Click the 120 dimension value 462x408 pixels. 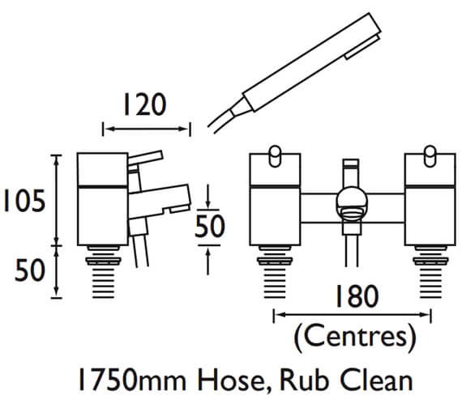(x=144, y=104)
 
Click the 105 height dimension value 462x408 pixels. (x=24, y=201)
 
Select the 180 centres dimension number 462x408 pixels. (x=356, y=296)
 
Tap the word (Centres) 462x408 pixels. (x=355, y=338)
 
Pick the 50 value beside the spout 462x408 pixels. (x=210, y=226)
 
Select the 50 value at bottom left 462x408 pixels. (x=30, y=270)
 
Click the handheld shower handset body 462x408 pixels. (x=311, y=62)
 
